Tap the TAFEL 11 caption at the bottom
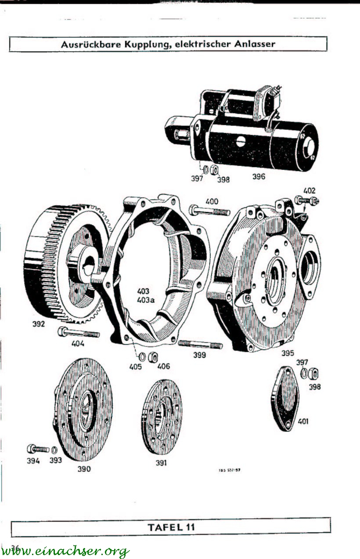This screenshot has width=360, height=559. [x=171, y=526]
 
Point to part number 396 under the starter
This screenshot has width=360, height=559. [x=259, y=177]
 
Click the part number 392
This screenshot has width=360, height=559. [x=39, y=325]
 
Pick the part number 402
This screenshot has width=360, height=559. [x=309, y=191]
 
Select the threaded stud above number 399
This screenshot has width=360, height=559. [x=200, y=345]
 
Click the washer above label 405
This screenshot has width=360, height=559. [x=142, y=356]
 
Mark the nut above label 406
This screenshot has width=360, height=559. [x=153, y=356]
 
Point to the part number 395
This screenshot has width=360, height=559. [x=288, y=353]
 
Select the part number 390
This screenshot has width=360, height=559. [x=84, y=469]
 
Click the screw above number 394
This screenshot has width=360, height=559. [x=38, y=449]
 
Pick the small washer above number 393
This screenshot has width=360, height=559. [x=54, y=450]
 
